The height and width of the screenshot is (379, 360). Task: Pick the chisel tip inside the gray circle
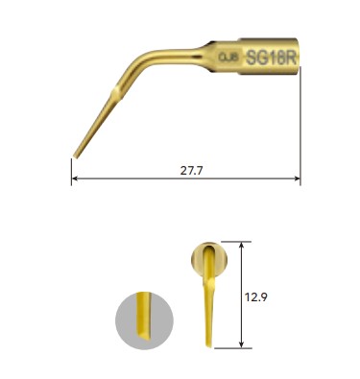[x=144, y=331]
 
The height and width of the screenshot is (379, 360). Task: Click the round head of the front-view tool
[x=209, y=257]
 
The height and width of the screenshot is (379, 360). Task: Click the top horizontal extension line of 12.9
[x=235, y=241]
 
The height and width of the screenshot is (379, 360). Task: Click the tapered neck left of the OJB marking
[x=204, y=59]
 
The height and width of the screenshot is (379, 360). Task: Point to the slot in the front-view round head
[x=210, y=259]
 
